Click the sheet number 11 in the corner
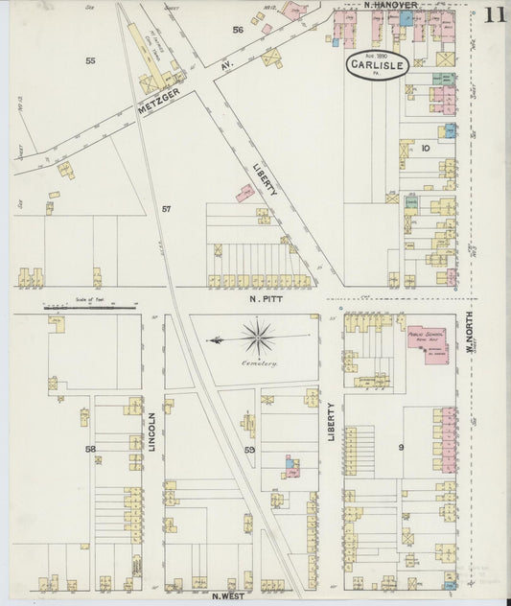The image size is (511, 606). pyautogui.click(x=494, y=14)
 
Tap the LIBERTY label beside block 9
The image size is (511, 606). pyautogui.click(x=332, y=421)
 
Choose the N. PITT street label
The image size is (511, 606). pyautogui.click(x=264, y=299)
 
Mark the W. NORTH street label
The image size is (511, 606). pyautogui.click(x=471, y=337)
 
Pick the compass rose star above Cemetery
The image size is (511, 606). pyautogui.click(x=257, y=338)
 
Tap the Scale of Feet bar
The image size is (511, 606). pyautogui.click(x=91, y=306)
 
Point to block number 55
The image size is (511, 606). pyautogui.click(x=90, y=60)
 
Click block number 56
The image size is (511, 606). pyautogui.click(x=238, y=30)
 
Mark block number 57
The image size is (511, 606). pyautogui.click(x=167, y=209)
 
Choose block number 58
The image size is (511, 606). pyautogui.click(x=90, y=449)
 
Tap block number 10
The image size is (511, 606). pyautogui.click(x=425, y=149)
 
